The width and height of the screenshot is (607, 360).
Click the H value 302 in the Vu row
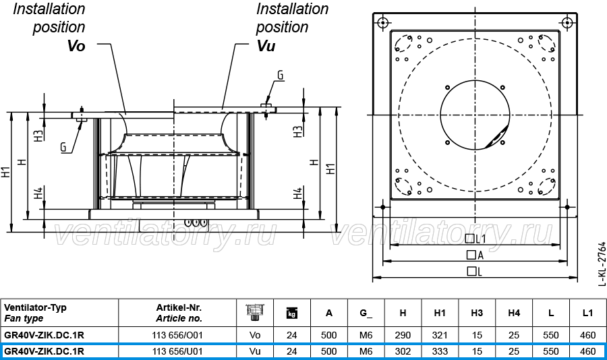coord(403,351)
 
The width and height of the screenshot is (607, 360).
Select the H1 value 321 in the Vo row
coord(440,335)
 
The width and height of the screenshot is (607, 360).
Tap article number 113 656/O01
coord(177,335)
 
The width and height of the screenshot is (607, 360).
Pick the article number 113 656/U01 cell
coord(177,351)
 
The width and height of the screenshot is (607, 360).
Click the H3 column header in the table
coord(477,313)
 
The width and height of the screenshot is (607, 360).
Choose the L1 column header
coord(587,313)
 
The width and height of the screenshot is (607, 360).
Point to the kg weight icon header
coord(292,313)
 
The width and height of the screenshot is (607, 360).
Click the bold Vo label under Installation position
coord(76,46)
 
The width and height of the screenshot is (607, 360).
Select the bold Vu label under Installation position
coord(266,46)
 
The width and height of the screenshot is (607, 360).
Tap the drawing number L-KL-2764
coord(602,264)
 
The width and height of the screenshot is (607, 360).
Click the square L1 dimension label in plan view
coord(475,239)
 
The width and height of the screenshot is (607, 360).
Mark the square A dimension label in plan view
coord(475,255)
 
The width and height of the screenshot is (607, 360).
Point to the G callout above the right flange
coord(281,75)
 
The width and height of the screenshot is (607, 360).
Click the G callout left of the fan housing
coord(63,147)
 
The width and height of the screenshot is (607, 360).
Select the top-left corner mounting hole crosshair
coord(383,22)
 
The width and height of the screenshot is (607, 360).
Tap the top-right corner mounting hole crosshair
coord(567,22)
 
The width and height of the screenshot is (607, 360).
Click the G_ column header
coord(366,313)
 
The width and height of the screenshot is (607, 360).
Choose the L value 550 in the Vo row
coord(550,335)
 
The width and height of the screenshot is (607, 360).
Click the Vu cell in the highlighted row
coord(255,351)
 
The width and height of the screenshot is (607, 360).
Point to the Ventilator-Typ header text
coord(35,307)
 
